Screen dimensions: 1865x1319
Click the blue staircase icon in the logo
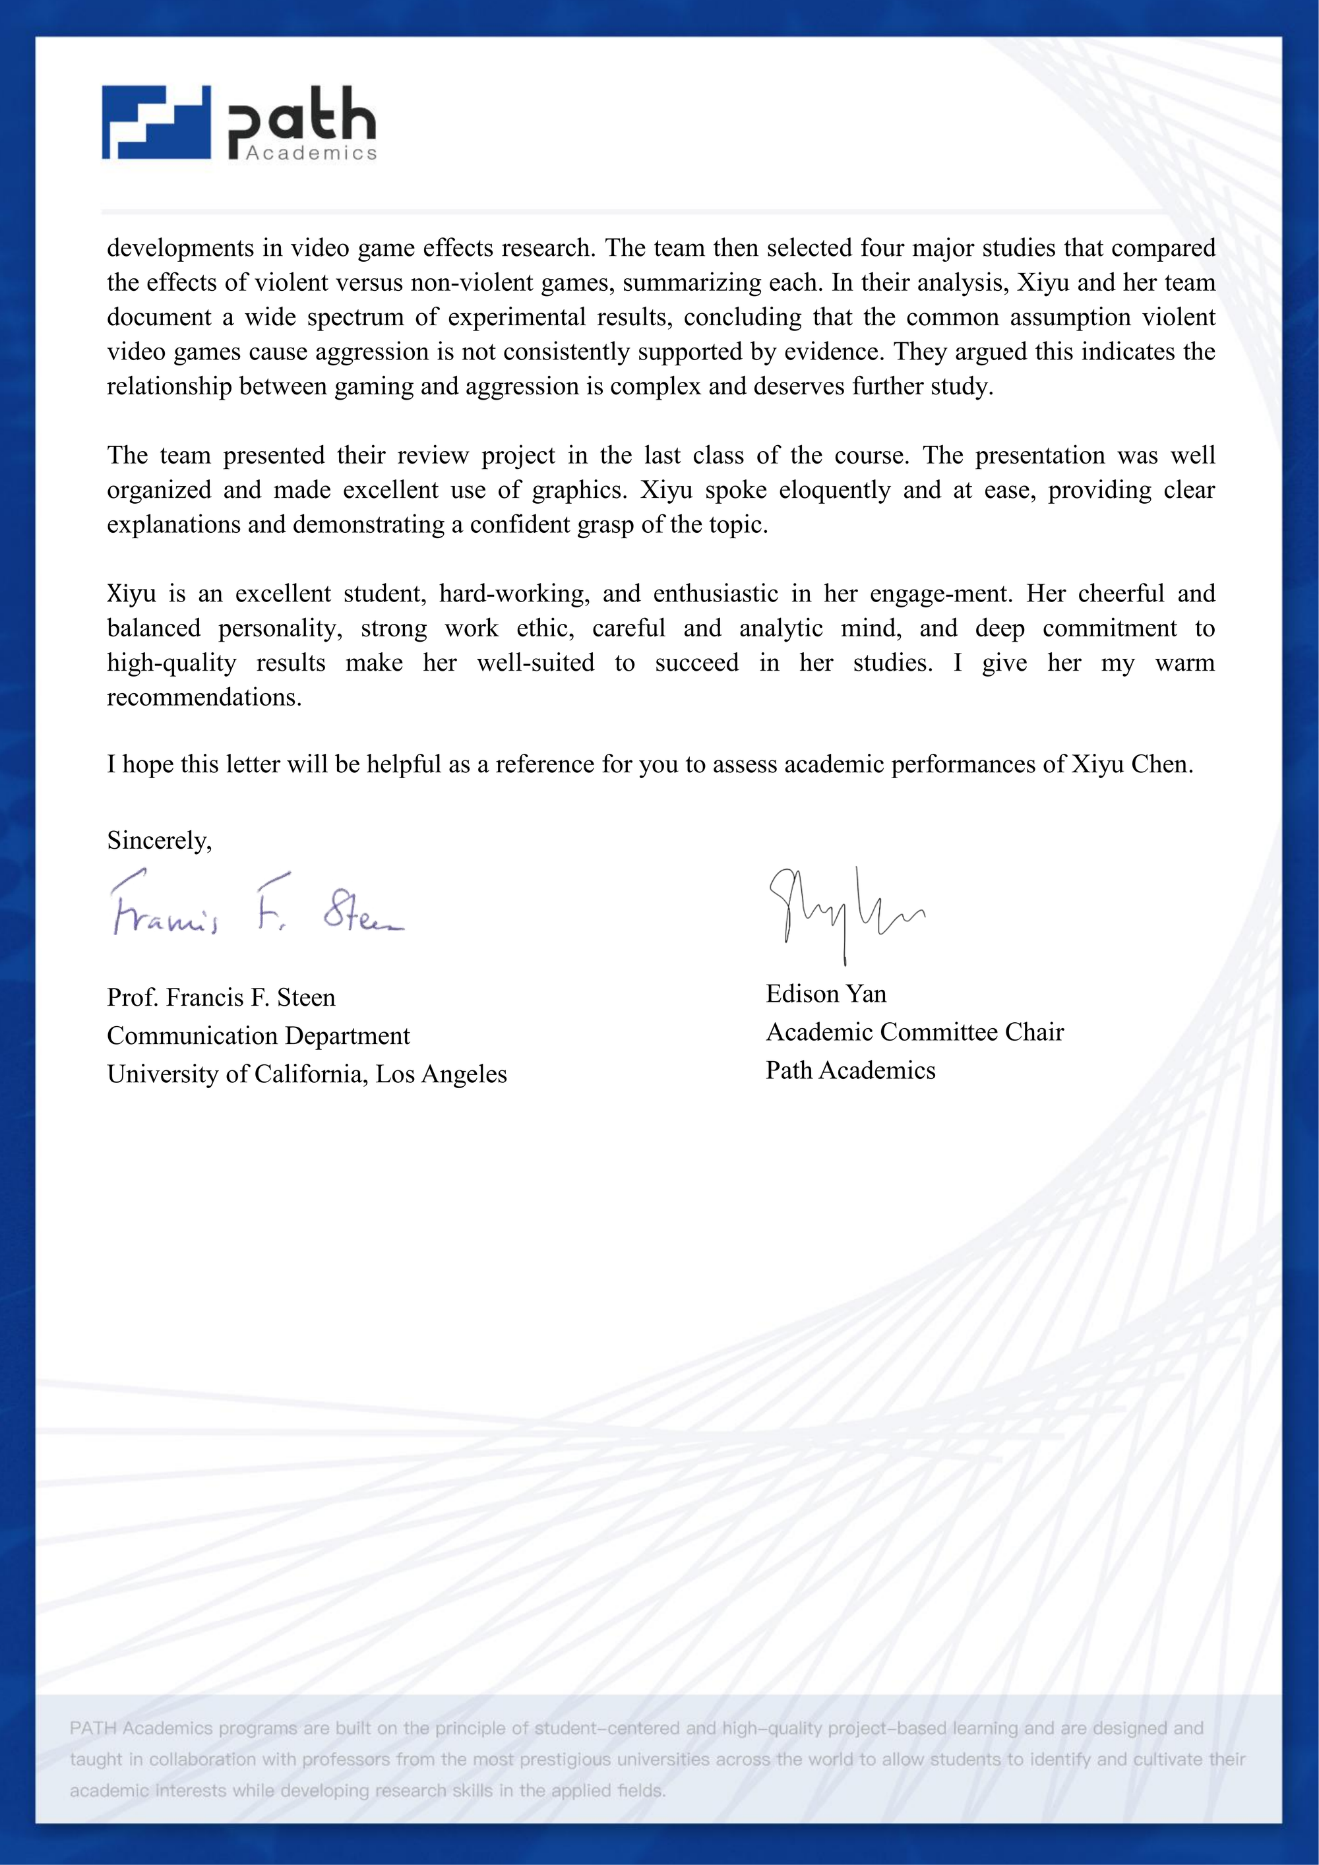pyautogui.click(x=156, y=123)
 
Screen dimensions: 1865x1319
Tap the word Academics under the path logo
pyautogui.click(x=311, y=153)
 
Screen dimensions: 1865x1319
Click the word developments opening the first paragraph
pyautogui.click(x=179, y=248)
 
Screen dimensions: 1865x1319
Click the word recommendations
pyautogui.click(x=204, y=698)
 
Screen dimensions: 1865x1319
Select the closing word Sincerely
pyautogui.click(x=159, y=840)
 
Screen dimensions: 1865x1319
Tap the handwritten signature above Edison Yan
pyautogui.click(x=845, y=910)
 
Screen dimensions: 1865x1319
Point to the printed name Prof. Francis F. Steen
pyautogui.click(x=221, y=998)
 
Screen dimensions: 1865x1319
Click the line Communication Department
pyautogui.click(x=259, y=1035)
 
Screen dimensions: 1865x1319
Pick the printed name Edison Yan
pyautogui.click(x=826, y=993)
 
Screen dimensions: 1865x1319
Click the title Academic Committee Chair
pyautogui.click(x=915, y=1031)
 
